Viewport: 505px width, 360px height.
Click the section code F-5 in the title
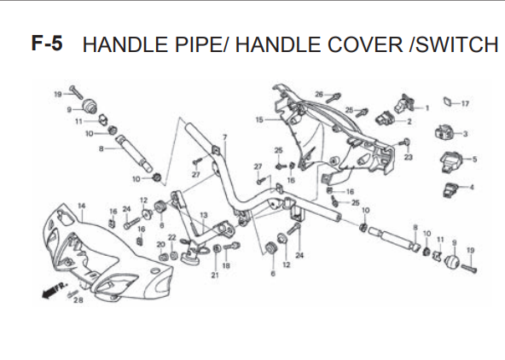[x=47, y=44]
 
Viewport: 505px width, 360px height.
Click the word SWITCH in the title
[x=457, y=44]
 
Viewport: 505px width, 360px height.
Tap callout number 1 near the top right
[x=427, y=108]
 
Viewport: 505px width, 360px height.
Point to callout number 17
[x=465, y=104]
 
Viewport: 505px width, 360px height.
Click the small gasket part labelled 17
[x=447, y=102]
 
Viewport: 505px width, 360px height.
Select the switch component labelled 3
[x=444, y=133]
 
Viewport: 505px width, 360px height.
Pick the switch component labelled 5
[x=451, y=160]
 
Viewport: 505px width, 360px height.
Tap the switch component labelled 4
[x=450, y=189]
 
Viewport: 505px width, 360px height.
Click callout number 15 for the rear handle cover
[x=259, y=119]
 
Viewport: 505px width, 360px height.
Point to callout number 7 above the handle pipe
[x=225, y=137]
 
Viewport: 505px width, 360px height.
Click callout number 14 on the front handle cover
[x=82, y=206]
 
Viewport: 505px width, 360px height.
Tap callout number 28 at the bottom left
[x=78, y=300]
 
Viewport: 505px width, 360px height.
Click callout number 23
[x=408, y=157]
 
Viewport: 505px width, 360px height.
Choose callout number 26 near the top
[x=319, y=94]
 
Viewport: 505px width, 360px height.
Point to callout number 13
[x=204, y=215]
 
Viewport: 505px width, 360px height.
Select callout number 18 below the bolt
[x=226, y=265]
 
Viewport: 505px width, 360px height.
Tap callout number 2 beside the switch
[x=409, y=122]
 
